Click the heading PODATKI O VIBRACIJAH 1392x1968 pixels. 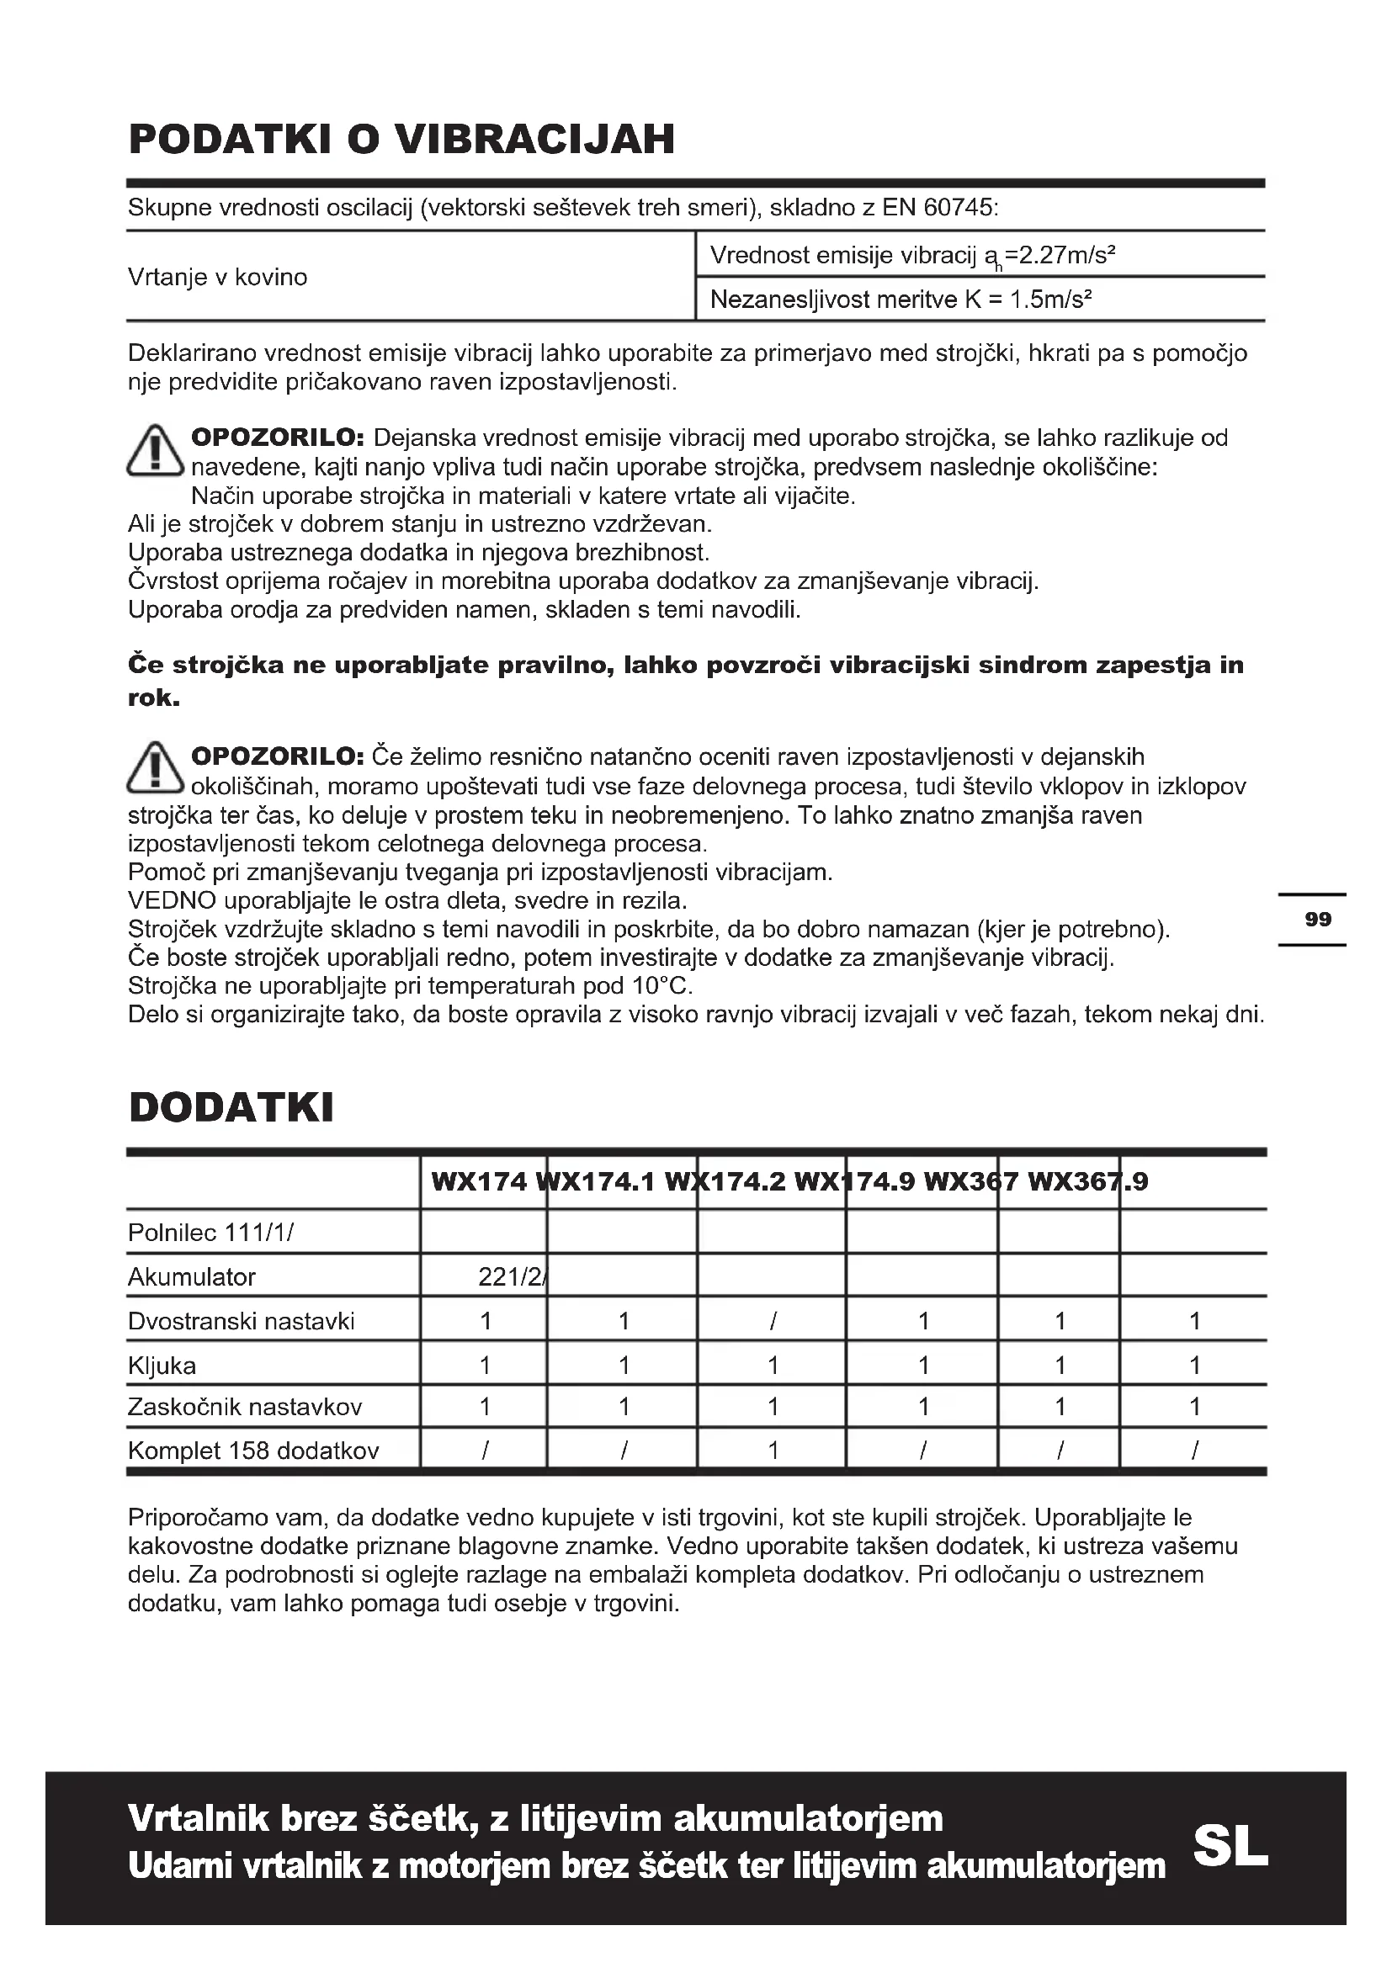coord(401,140)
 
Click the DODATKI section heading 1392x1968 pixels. coord(231,1107)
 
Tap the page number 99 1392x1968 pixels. coord(1317,920)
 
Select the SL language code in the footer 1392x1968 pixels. coord(1230,1845)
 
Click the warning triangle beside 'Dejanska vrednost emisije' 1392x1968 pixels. coord(155,452)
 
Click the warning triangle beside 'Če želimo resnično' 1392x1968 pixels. coord(155,768)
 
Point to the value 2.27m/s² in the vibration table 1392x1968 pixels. coord(1063,256)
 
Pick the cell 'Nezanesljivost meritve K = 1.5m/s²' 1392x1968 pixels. coord(901,300)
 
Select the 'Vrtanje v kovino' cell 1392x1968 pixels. coord(218,278)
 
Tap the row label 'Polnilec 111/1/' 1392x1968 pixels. coord(211,1233)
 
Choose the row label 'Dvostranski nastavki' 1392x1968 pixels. coord(241,1321)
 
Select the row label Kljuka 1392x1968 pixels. coord(162,1366)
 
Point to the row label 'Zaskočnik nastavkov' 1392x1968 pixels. coord(245,1407)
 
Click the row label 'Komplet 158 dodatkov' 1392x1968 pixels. coord(252,1451)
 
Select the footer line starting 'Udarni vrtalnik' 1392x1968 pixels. coord(646,1866)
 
